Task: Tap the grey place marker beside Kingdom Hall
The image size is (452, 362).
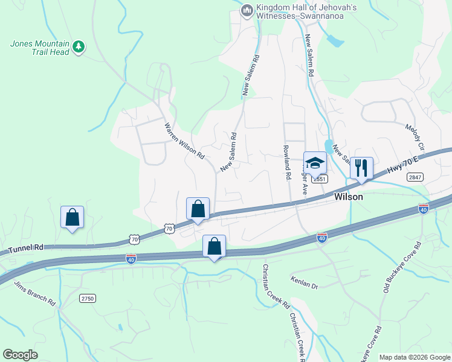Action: point(247,11)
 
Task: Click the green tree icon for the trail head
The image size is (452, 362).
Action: point(78,46)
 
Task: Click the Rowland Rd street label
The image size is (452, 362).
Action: point(287,164)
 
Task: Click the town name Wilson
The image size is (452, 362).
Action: point(349,197)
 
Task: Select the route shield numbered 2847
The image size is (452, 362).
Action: point(415,176)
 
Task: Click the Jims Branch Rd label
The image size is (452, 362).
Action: point(36,293)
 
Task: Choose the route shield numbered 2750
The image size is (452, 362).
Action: point(88,298)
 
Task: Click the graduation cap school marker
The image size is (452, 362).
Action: point(315,163)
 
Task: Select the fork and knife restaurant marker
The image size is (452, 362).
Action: point(361,168)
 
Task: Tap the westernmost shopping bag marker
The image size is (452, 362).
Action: point(72,217)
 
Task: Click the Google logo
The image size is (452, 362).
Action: point(21,354)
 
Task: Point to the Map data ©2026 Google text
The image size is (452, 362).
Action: point(414,357)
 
